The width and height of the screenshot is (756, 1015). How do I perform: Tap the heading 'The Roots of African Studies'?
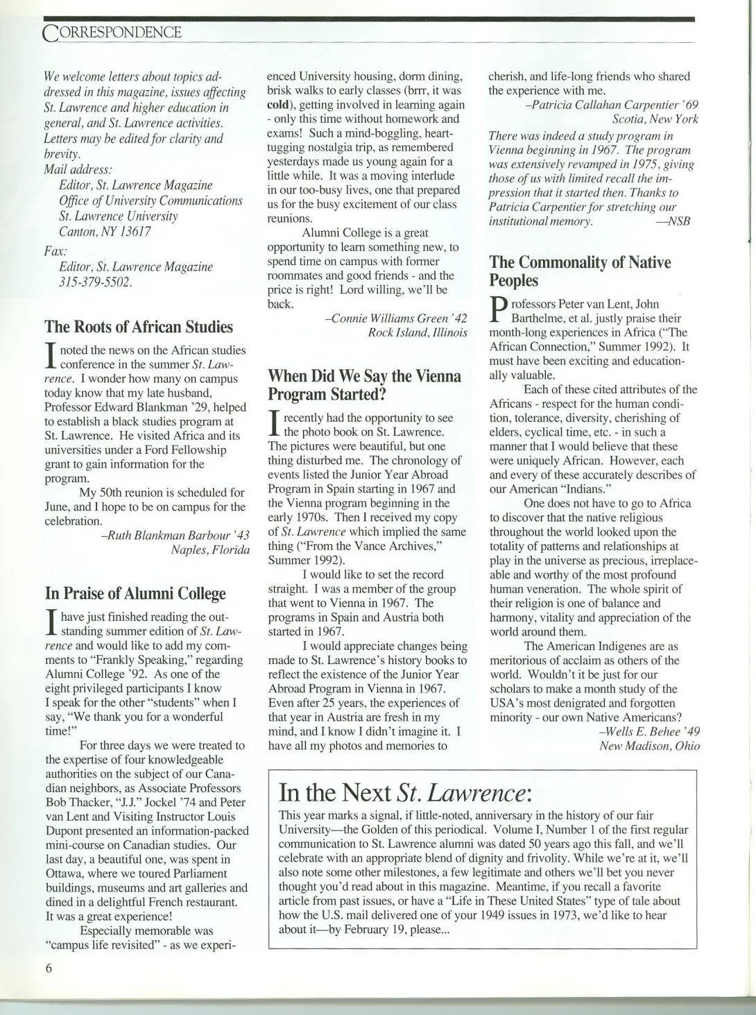(139, 327)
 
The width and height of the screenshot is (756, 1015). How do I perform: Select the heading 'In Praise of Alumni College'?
(135, 594)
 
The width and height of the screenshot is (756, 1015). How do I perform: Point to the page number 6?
(49, 969)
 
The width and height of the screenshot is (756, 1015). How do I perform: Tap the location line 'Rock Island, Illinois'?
(418, 333)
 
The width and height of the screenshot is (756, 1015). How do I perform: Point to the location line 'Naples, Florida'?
(210, 550)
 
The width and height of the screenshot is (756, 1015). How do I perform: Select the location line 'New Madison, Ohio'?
(649, 746)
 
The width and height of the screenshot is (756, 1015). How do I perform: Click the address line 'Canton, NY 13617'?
(105, 232)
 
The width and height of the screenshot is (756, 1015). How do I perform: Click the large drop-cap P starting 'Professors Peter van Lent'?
(497, 312)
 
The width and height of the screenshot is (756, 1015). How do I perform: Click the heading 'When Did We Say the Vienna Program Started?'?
(364, 385)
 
